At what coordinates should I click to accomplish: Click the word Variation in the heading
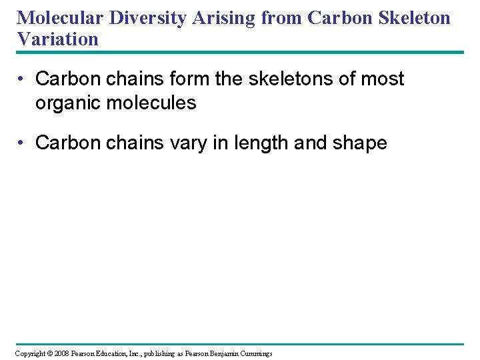pyautogui.click(x=58, y=39)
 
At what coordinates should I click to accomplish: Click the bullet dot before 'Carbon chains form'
pyautogui.click(x=22, y=79)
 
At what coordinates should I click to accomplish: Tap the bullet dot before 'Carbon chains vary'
pyautogui.click(x=22, y=143)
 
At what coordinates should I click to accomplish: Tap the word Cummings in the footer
pyautogui.click(x=257, y=353)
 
